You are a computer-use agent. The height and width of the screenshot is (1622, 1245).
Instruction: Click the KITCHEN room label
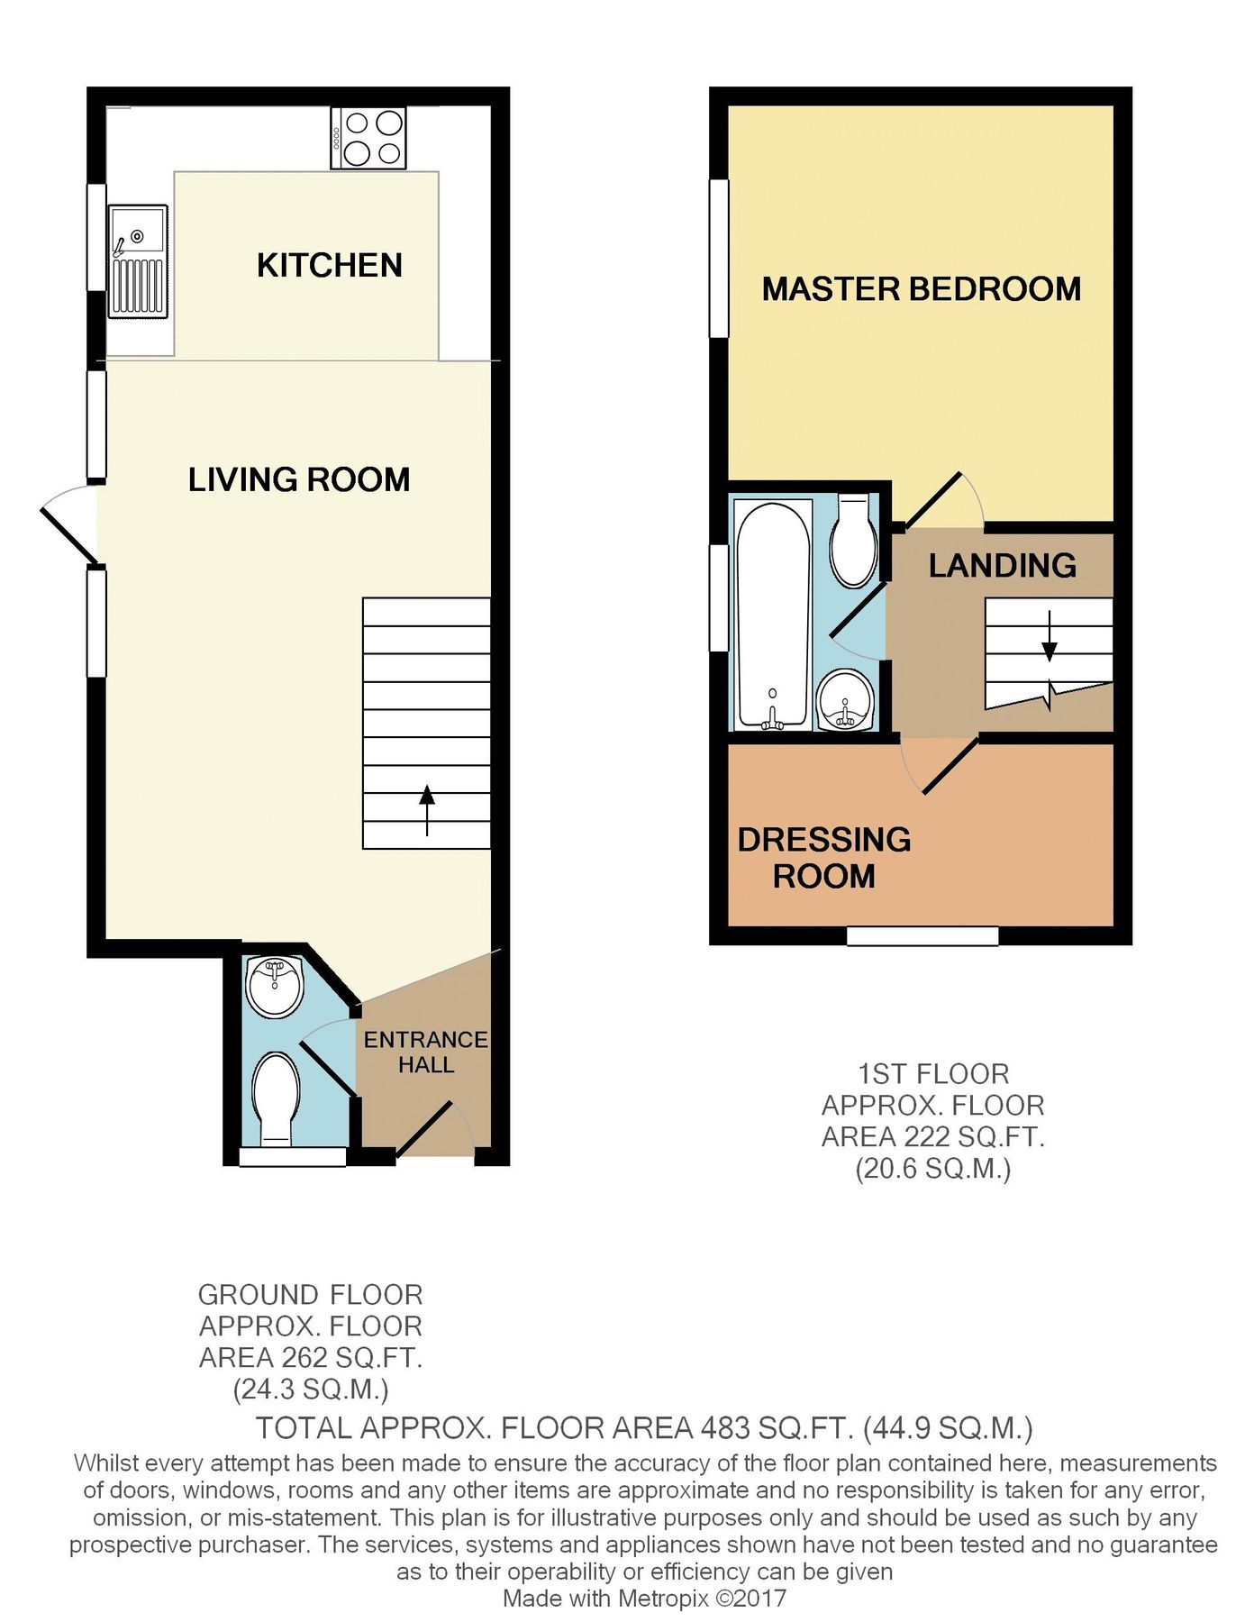[329, 265]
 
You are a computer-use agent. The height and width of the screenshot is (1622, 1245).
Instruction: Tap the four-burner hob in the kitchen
[368, 138]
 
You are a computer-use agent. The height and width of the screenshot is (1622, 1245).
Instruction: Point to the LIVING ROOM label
[298, 479]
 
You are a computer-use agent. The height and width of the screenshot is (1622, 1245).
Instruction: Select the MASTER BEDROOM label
[921, 289]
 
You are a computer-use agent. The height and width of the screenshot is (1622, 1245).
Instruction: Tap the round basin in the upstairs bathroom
[845, 700]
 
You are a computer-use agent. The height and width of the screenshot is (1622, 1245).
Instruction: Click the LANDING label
[1002, 566]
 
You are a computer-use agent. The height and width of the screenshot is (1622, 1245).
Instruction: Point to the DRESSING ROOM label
[823, 857]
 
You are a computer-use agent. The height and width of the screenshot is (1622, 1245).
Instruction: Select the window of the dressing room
[922, 936]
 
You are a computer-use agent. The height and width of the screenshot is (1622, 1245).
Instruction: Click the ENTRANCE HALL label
[425, 1052]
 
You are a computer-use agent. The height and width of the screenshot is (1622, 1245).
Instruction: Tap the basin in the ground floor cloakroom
[274, 986]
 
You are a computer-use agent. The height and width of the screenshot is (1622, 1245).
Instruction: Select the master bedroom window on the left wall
[718, 258]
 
